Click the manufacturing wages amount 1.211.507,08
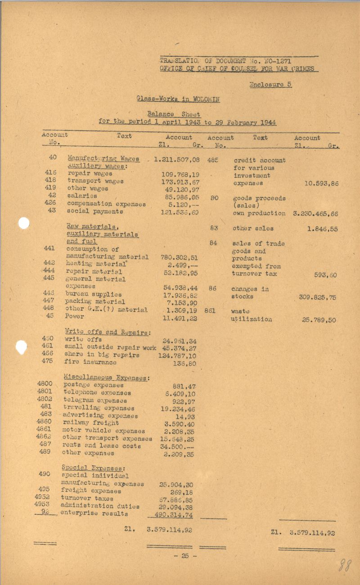(177, 159)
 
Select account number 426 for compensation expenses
(50, 203)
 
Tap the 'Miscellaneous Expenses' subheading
(107, 378)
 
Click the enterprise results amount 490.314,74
(174, 515)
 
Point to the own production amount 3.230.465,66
(315, 213)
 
